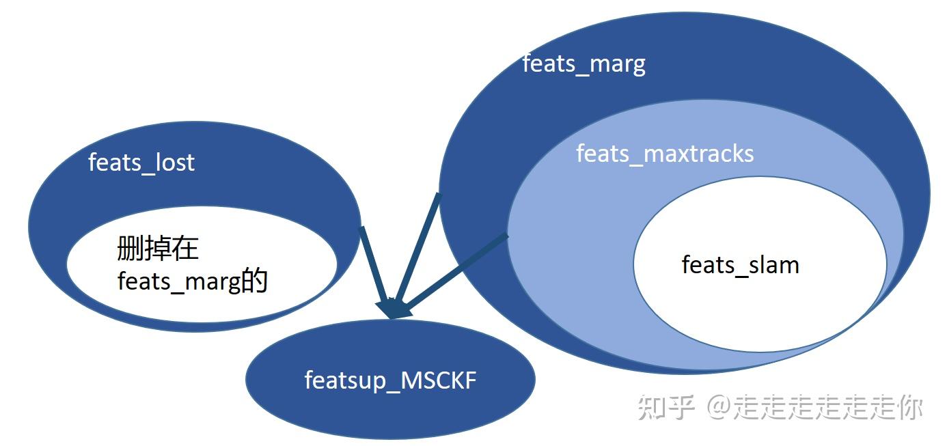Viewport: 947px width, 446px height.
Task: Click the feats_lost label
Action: click(141, 163)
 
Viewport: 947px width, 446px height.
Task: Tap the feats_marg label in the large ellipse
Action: click(584, 64)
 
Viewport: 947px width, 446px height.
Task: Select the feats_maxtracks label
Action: click(665, 154)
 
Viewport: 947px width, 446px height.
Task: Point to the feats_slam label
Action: click(740, 264)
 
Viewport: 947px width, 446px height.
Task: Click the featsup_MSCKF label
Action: click(390, 380)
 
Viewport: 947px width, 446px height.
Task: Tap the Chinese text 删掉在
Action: click(158, 248)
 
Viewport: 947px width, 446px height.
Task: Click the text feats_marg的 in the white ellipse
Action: click(192, 281)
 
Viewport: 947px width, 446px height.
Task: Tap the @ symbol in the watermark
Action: click(719, 408)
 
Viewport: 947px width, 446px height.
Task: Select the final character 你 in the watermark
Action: click(909, 408)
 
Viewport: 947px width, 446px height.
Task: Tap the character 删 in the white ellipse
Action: click(130, 248)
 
